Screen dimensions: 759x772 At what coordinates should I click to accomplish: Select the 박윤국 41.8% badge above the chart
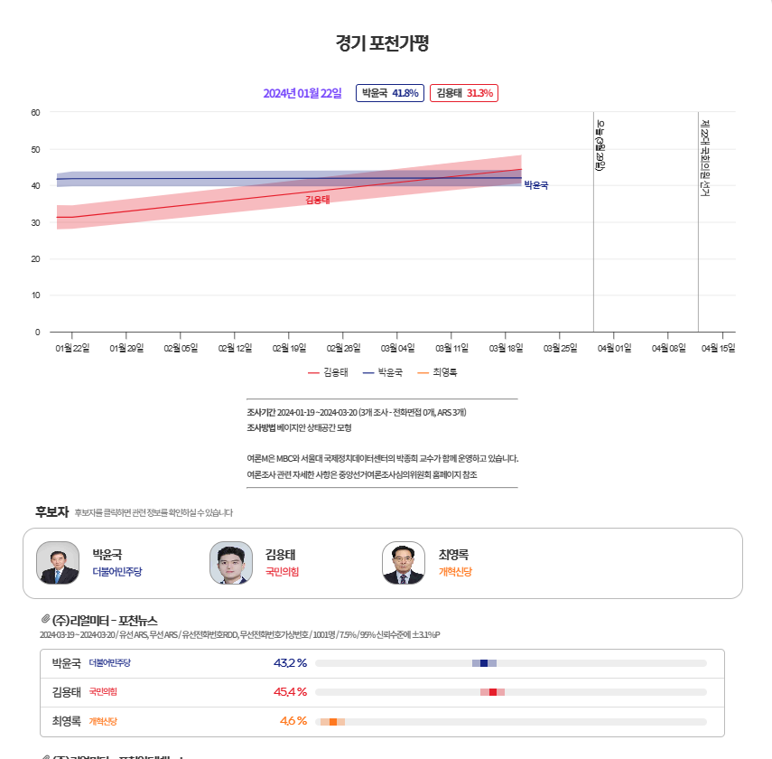[389, 93]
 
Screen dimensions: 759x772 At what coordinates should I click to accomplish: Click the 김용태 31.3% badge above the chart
[464, 93]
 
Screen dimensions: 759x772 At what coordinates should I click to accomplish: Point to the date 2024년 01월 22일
[302, 93]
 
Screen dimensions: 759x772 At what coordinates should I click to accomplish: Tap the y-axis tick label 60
[35, 112]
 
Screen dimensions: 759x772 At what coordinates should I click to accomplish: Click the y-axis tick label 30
[35, 222]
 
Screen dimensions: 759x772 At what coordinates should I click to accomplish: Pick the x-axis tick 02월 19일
[289, 348]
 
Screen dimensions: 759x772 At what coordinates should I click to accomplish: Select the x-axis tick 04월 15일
[719, 348]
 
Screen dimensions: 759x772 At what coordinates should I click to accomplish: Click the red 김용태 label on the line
[318, 200]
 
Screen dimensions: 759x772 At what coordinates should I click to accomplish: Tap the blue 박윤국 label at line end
[535, 185]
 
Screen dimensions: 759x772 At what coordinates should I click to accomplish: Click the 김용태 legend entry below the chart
[328, 372]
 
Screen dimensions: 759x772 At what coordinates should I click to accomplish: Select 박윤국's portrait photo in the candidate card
[58, 563]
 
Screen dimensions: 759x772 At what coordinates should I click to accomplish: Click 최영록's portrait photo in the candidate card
[404, 563]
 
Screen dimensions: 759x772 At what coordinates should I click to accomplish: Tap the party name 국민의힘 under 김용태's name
[282, 572]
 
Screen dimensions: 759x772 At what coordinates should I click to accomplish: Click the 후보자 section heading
[51, 511]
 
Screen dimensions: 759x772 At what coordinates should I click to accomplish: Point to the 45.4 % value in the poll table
[290, 692]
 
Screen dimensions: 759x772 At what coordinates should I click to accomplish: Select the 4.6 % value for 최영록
[293, 721]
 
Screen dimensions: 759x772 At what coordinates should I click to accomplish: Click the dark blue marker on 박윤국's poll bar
[484, 663]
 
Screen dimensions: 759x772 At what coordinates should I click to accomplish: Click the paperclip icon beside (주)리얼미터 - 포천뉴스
[45, 620]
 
